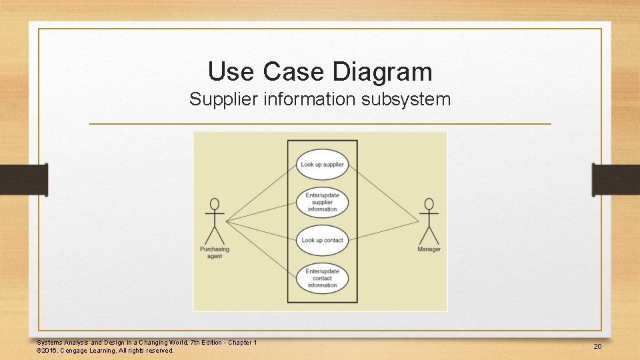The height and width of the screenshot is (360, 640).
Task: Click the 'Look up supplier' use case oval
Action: point(322,165)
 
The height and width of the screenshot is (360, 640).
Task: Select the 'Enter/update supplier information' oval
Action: point(322,202)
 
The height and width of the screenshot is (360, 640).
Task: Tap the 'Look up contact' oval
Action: point(322,240)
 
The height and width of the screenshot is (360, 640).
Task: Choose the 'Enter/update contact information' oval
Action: point(322,278)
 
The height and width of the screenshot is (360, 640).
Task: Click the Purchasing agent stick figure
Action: point(215,221)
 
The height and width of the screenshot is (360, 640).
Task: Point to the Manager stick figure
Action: point(429,221)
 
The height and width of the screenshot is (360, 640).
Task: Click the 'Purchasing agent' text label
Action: point(215,253)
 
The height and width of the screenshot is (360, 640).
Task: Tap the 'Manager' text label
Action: point(429,249)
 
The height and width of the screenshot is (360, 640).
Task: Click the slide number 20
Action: point(597,347)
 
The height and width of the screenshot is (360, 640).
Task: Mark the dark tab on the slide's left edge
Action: point(23,179)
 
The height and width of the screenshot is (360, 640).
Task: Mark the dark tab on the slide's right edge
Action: point(616,179)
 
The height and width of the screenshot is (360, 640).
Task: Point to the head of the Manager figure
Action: point(429,203)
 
